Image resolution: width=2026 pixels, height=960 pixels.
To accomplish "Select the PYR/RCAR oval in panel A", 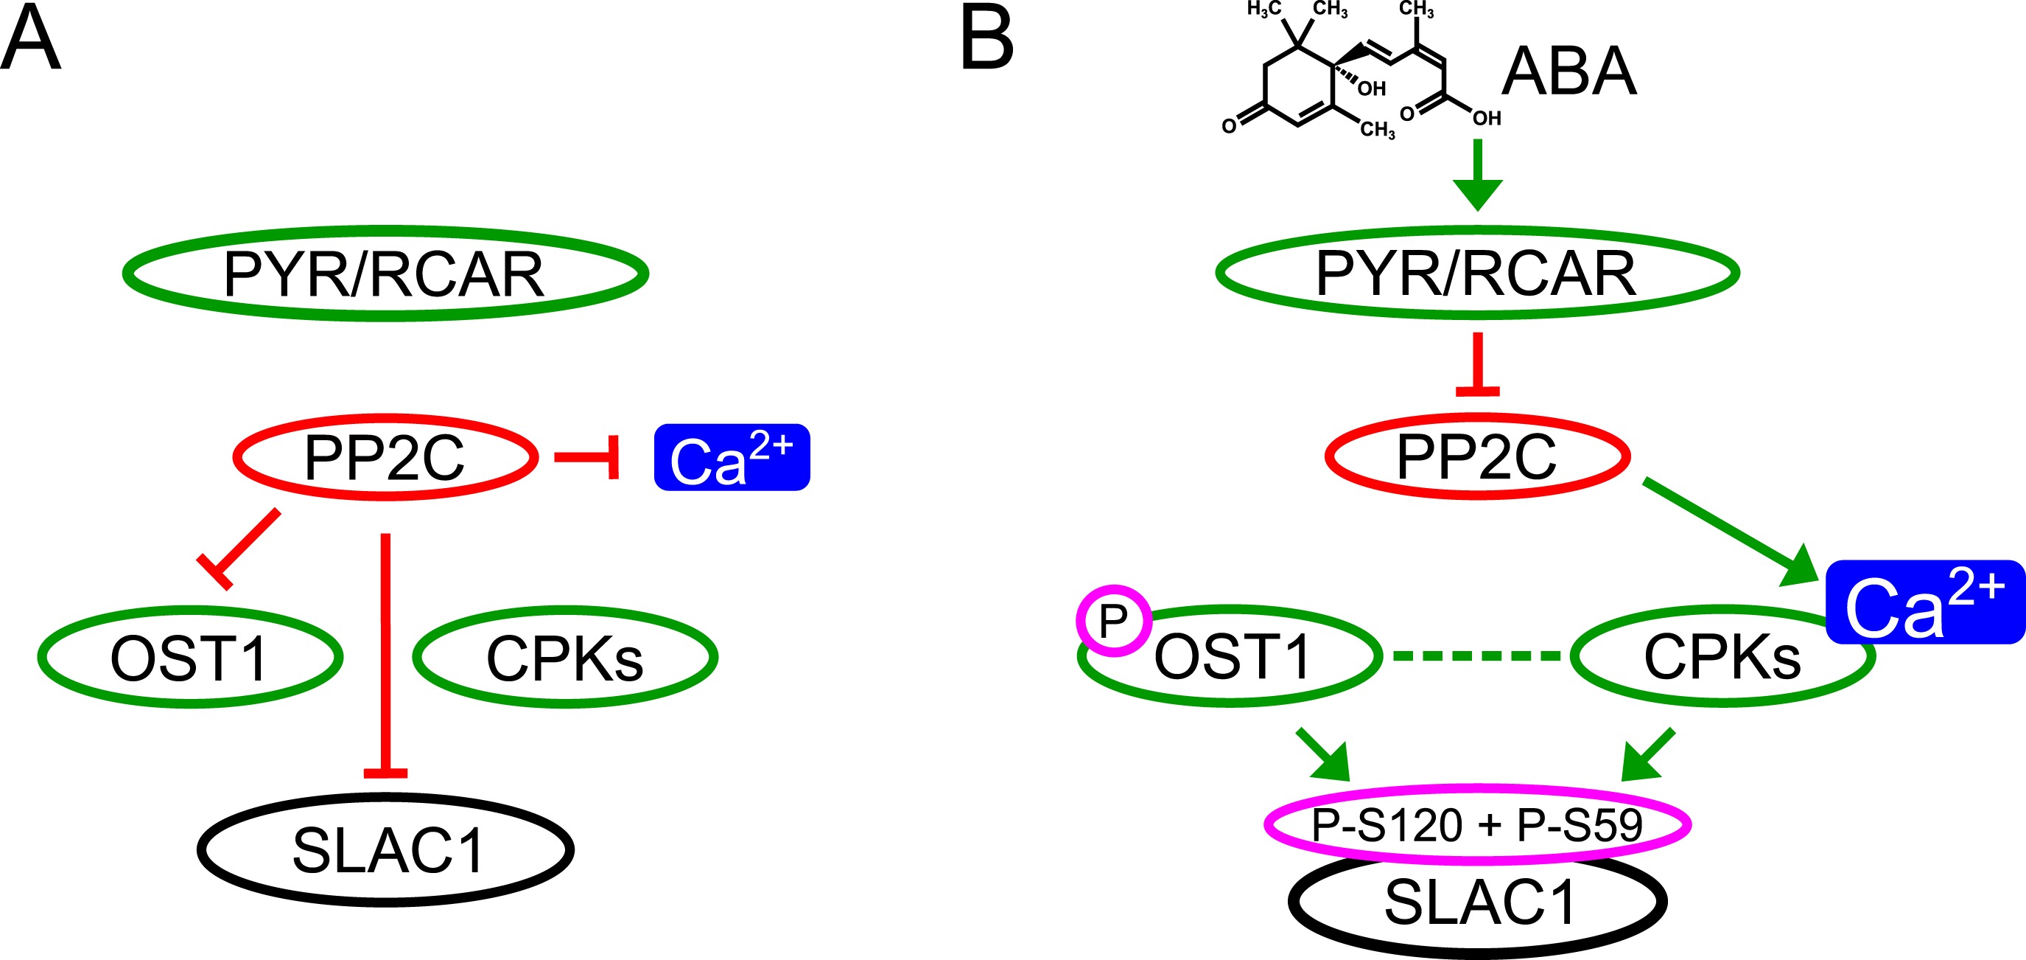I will (x=385, y=274).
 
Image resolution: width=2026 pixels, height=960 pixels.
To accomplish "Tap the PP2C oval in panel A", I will (x=385, y=457).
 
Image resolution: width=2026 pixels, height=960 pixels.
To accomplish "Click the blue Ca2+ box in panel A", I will (x=732, y=457).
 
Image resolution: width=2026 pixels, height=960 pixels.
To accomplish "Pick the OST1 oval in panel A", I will (x=189, y=657).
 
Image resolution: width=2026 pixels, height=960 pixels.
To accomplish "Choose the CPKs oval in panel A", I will (x=564, y=657).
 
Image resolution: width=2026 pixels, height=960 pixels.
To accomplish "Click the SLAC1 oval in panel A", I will (x=385, y=850).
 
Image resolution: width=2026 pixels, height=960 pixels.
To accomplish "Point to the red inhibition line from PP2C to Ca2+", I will (x=586, y=457).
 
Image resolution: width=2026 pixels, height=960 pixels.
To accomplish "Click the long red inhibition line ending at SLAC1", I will (x=385, y=653).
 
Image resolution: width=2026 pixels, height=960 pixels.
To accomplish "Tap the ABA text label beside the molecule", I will (x=1569, y=72).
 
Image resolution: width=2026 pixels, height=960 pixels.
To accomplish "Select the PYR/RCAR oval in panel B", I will (x=1477, y=273).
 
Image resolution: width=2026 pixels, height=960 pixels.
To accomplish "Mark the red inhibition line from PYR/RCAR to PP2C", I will (x=1478, y=364).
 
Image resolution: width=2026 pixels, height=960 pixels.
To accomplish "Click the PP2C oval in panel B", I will (x=1477, y=456).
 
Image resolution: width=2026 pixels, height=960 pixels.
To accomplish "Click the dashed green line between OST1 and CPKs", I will (x=1476, y=655).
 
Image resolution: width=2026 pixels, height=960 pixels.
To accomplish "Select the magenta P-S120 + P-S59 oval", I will (x=1477, y=824).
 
